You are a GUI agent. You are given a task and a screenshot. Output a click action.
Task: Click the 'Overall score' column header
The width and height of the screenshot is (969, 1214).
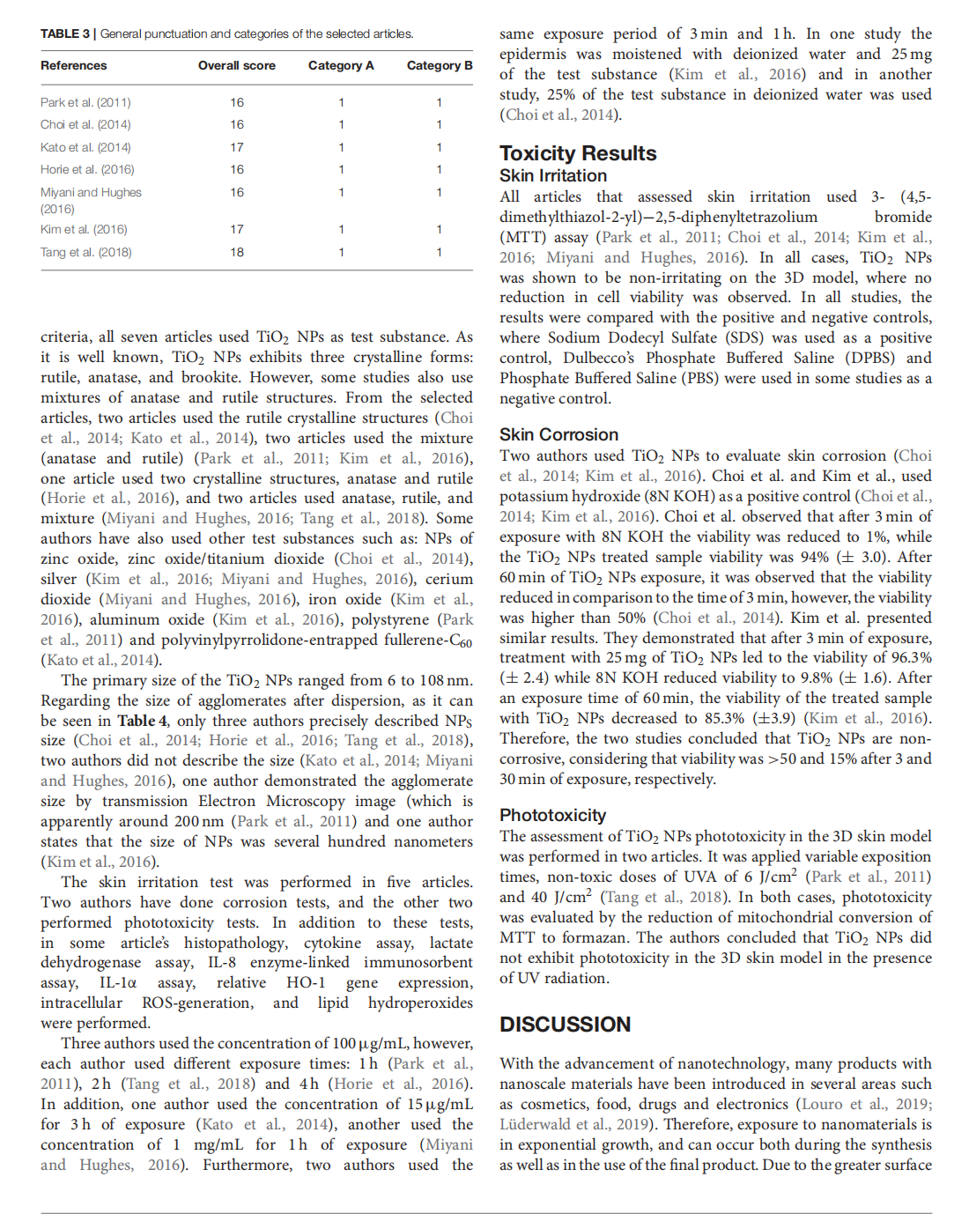point(236,65)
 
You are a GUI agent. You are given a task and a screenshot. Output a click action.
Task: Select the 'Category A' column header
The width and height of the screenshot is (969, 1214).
point(341,65)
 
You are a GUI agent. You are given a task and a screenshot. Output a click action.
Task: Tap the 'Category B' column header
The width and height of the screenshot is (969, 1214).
point(439,65)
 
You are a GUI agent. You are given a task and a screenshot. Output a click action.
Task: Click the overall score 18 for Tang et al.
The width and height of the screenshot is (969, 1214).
point(237,252)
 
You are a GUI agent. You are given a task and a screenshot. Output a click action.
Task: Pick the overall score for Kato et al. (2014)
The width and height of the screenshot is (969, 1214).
point(237,147)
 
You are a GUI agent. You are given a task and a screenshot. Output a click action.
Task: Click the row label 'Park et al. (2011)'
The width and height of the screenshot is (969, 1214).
point(85,102)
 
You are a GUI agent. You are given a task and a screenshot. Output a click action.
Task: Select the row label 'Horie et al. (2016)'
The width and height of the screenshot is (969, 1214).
point(87,169)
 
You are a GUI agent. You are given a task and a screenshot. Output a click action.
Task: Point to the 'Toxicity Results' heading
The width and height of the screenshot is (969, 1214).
point(578,153)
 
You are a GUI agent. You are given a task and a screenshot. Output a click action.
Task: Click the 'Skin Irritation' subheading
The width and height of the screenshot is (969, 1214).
point(553,176)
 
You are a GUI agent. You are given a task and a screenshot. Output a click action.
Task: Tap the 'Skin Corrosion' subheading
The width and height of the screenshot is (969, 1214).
point(558,434)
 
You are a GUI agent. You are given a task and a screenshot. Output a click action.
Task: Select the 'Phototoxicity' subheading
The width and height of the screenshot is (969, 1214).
point(552,815)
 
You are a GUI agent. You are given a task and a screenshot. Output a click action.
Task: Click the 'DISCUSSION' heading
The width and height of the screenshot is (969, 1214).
point(565,1025)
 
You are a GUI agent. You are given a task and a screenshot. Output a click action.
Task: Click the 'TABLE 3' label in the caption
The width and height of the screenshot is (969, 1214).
point(65,34)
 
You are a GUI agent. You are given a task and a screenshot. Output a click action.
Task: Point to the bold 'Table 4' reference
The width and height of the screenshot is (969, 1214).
point(143,721)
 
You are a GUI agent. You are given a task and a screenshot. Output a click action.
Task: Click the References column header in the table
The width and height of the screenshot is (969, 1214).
point(73,65)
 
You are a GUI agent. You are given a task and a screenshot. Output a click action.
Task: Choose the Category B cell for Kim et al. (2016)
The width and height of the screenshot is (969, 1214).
point(439,229)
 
